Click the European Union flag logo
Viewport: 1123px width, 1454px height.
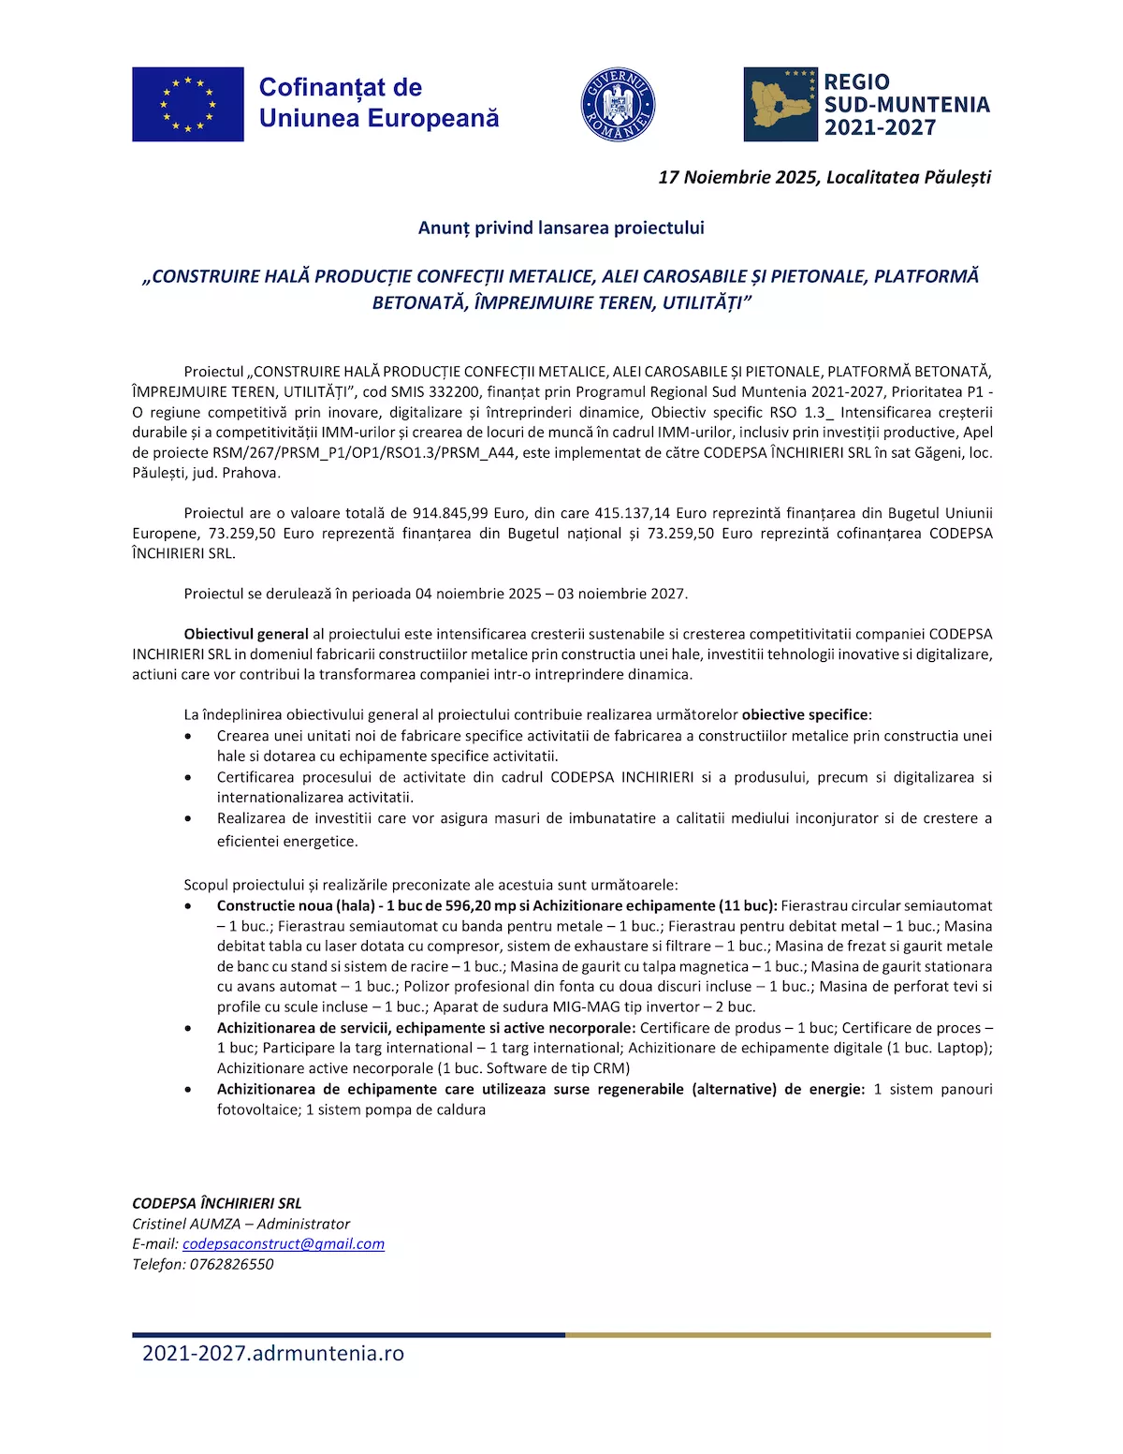[188, 104]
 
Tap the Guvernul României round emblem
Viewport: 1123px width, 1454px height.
[618, 105]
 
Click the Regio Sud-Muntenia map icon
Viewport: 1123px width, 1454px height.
[780, 105]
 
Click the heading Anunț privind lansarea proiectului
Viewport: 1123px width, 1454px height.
[561, 228]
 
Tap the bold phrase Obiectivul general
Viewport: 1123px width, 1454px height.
[246, 634]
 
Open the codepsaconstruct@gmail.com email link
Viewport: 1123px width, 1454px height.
[284, 1243]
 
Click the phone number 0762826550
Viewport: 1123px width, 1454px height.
[232, 1264]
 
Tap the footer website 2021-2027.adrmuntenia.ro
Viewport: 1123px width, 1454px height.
[273, 1353]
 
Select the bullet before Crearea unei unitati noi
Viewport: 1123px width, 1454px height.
[189, 737]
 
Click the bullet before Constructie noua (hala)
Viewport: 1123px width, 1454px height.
[189, 906]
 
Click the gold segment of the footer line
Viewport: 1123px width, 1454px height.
[778, 1335]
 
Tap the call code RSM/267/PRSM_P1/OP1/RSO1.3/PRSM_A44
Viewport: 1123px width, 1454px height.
[365, 452]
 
